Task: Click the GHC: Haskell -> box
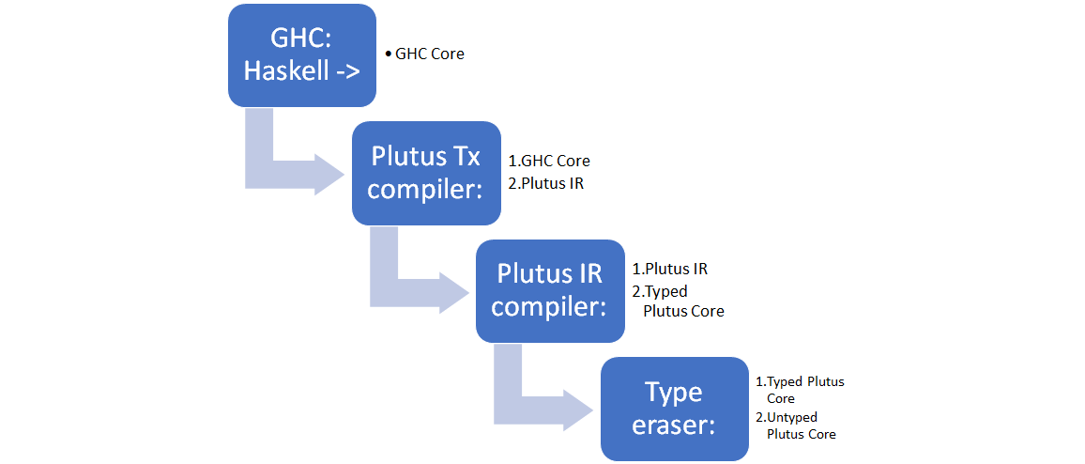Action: pyautogui.click(x=301, y=54)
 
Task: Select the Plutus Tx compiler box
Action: pyautogui.click(x=425, y=172)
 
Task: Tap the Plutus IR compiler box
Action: pyautogui.click(x=550, y=290)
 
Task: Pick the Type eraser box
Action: pyautogui.click(x=673, y=409)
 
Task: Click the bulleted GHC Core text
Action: pyautogui.click(x=429, y=54)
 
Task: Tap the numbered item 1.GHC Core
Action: pyautogui.click(x=549, y=162)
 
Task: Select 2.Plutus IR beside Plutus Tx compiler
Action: pyautogui.click(x=545, y=183)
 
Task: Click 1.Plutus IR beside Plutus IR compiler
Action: pyautogui.click(x=670, y=269)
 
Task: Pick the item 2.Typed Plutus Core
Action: pyautogui.click(x=679, y=301)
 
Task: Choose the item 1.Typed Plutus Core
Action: pyautogui.click(x=801, y=390)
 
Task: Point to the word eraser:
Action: pyautogui.click(x=673, y=425)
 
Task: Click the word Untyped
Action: pyautogui.click(x=792, y=417)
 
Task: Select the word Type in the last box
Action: pyautogui.click(x=673, y=391)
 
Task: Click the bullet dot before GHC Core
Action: pyautogui.click(x=389, y=54)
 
